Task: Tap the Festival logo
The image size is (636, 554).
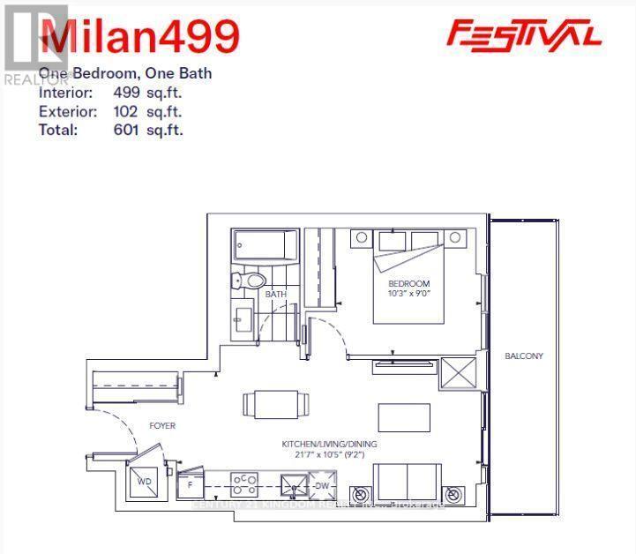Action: point(524,34)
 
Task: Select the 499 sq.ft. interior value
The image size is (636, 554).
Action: point(147,93)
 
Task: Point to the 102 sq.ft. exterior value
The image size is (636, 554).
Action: point(147,111)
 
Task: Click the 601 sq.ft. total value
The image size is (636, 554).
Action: point(147,130)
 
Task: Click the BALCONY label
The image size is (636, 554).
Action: point(524,356)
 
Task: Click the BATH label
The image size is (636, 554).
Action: point(276,295)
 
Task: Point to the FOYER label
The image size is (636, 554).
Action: point(161,426)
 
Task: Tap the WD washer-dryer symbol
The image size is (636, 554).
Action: point(143,482)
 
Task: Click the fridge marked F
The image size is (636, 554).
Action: point(189,484)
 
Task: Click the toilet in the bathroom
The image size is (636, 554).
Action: point(249,281)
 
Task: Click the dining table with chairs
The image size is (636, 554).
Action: point(278,404)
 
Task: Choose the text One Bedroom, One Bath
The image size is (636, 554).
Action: point(125,73)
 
